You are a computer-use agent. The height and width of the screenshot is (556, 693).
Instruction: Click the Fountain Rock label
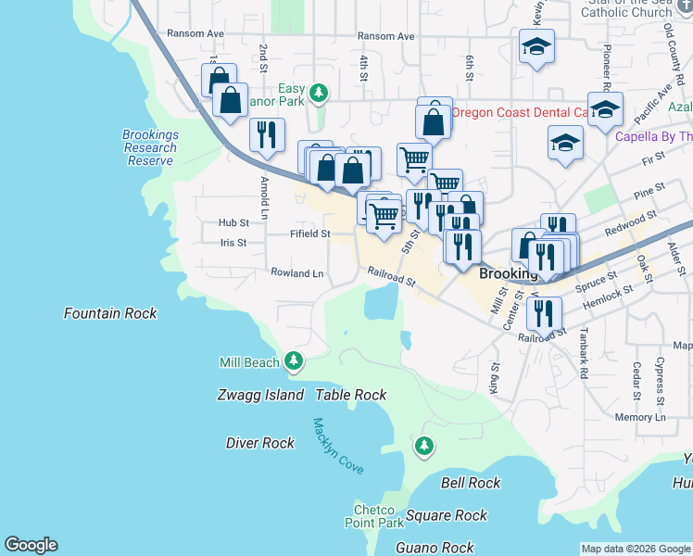pyautogui.click(x=110, y=313)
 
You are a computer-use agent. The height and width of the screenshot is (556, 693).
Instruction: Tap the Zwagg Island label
pyautogui.click(x=261, y=395)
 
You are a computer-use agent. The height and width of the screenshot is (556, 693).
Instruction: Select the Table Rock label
pyautogui.click(x=351, y=395)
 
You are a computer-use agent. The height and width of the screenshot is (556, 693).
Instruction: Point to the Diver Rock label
pyautogui.click(x=260, y=443)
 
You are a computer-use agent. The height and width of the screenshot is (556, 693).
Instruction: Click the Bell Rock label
pyautogui.click(x=471, y=483)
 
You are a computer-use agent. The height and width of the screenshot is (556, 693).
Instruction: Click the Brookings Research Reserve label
pyautogui.click(x=150, y=147)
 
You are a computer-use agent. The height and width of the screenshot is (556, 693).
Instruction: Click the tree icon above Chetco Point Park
pyautogui.click(x=424, y=448)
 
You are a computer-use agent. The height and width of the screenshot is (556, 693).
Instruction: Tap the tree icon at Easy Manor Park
pyautogui.click(x=319, y=93)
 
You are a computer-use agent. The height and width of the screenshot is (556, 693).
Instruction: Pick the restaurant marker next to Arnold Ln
pyautogui.click(x=266, y=134)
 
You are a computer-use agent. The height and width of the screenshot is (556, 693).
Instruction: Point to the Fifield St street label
pyautogui.click(x=310, y=234)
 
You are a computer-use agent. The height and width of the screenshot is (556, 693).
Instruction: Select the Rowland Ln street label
pyautogui.click(x=297, y=273)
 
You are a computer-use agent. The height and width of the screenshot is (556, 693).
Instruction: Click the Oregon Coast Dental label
pyautogui.click(x=520, y=112)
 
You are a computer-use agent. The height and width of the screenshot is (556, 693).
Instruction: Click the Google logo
pyautogui.click(x=31, y=545)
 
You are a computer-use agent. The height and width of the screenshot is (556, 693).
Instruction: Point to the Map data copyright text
pyautogui.click(x=636, y=549)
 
